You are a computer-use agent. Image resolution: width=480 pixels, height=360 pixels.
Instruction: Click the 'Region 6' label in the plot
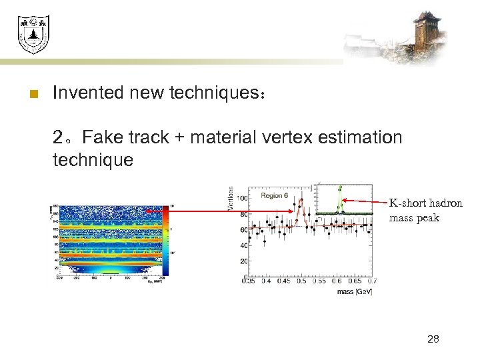click(275, 195)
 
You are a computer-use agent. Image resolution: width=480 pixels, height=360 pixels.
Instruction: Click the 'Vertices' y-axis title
click(231, 199)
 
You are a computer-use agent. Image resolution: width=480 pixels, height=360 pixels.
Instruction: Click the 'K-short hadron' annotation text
click(425, 203)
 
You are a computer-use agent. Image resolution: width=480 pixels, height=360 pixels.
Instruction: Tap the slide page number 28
click(433, 339)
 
